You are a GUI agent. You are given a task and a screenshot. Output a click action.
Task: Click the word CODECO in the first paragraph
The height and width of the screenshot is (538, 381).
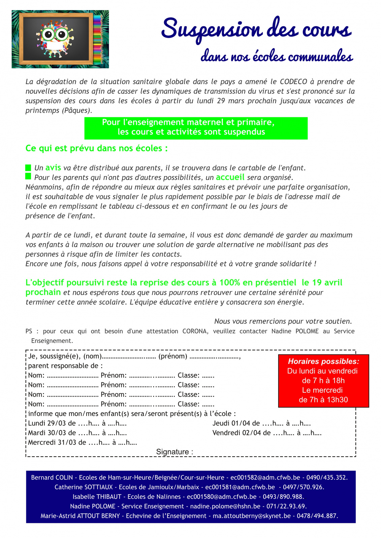point(293,82)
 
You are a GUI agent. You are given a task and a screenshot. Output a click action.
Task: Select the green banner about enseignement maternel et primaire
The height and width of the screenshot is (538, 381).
point(196,128)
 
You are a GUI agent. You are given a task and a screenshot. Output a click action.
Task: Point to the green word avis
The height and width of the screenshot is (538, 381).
point(53,167)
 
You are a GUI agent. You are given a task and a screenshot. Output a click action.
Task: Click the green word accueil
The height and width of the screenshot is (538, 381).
point(230,177)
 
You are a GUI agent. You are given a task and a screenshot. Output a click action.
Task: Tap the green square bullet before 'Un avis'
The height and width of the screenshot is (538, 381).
point(28,167)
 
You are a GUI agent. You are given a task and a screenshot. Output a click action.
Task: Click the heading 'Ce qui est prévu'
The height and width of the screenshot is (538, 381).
point(96,148)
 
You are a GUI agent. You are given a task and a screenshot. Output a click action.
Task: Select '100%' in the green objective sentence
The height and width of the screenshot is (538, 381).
point(231,282)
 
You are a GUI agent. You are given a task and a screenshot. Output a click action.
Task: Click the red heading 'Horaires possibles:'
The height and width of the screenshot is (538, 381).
point(323,361)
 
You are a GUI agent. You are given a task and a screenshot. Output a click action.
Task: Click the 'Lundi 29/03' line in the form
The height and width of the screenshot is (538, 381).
point(77,423)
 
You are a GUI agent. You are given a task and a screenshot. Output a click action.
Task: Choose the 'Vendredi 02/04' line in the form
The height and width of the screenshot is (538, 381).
point(267,433)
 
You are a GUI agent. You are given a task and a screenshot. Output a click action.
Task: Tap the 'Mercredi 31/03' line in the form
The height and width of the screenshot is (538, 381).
point(83,443)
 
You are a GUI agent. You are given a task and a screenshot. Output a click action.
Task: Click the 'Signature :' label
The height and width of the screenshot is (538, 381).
point(174,452)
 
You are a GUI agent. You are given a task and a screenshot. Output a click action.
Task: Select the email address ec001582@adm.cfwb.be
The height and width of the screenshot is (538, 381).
point(265,477)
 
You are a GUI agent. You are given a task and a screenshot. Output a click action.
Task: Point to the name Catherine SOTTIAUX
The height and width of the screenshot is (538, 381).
point(84,487)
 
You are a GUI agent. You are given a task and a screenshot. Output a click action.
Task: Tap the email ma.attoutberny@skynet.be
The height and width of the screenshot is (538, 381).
point(252,516)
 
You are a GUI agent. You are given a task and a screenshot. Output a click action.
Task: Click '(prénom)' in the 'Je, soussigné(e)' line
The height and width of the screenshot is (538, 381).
point(172,356)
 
